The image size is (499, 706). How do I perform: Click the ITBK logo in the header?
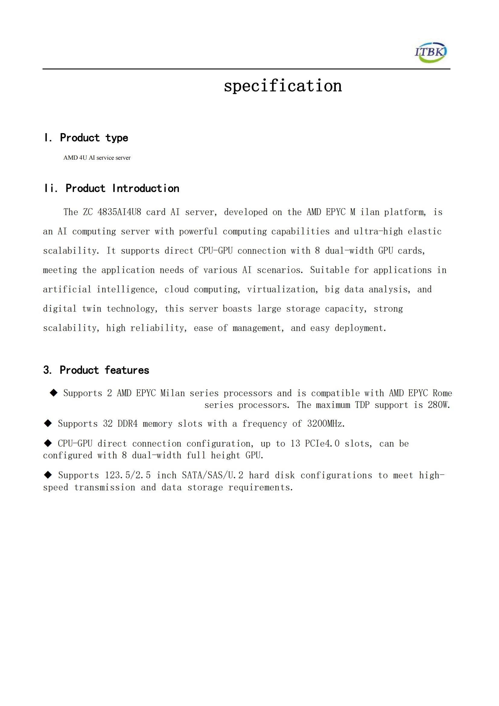pos(431,52)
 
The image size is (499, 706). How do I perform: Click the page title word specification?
pos(283,86)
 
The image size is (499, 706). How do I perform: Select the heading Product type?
pos(94,138)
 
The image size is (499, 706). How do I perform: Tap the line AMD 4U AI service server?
pos(97,158)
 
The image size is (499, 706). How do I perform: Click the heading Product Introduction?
pos(122,188)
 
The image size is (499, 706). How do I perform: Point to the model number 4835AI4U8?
pos(119,212)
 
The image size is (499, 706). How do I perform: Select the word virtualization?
pos(282,290)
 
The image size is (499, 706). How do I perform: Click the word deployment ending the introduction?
pos(360,328)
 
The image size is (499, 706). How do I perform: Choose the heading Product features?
pos(104,370)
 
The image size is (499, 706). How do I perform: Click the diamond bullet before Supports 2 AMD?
pos(54,393)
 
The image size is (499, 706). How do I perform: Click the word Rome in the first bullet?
pos(443,393)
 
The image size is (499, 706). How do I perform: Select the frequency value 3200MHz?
pos(326,424)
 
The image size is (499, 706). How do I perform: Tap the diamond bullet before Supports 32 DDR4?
pos(48,423)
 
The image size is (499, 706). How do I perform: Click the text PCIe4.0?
pos(322,444)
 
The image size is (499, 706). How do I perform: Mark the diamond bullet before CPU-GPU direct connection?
pos(48,443)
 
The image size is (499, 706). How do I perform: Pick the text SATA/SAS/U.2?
pos(213,475)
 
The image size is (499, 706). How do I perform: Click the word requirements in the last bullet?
pos(261,488)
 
